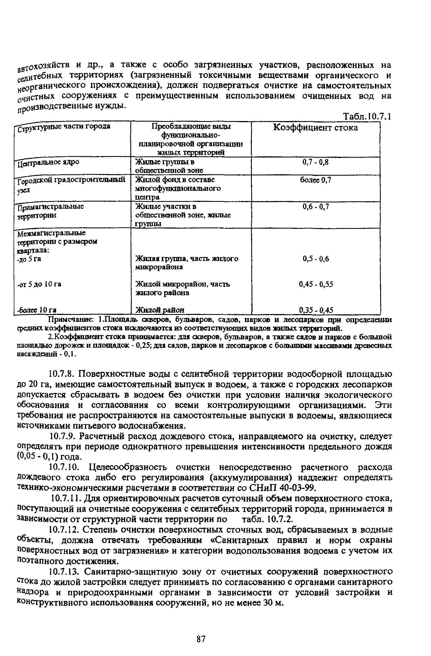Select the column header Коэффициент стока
[315, 127]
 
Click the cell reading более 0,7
[315, 180]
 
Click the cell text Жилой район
[159, 310]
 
